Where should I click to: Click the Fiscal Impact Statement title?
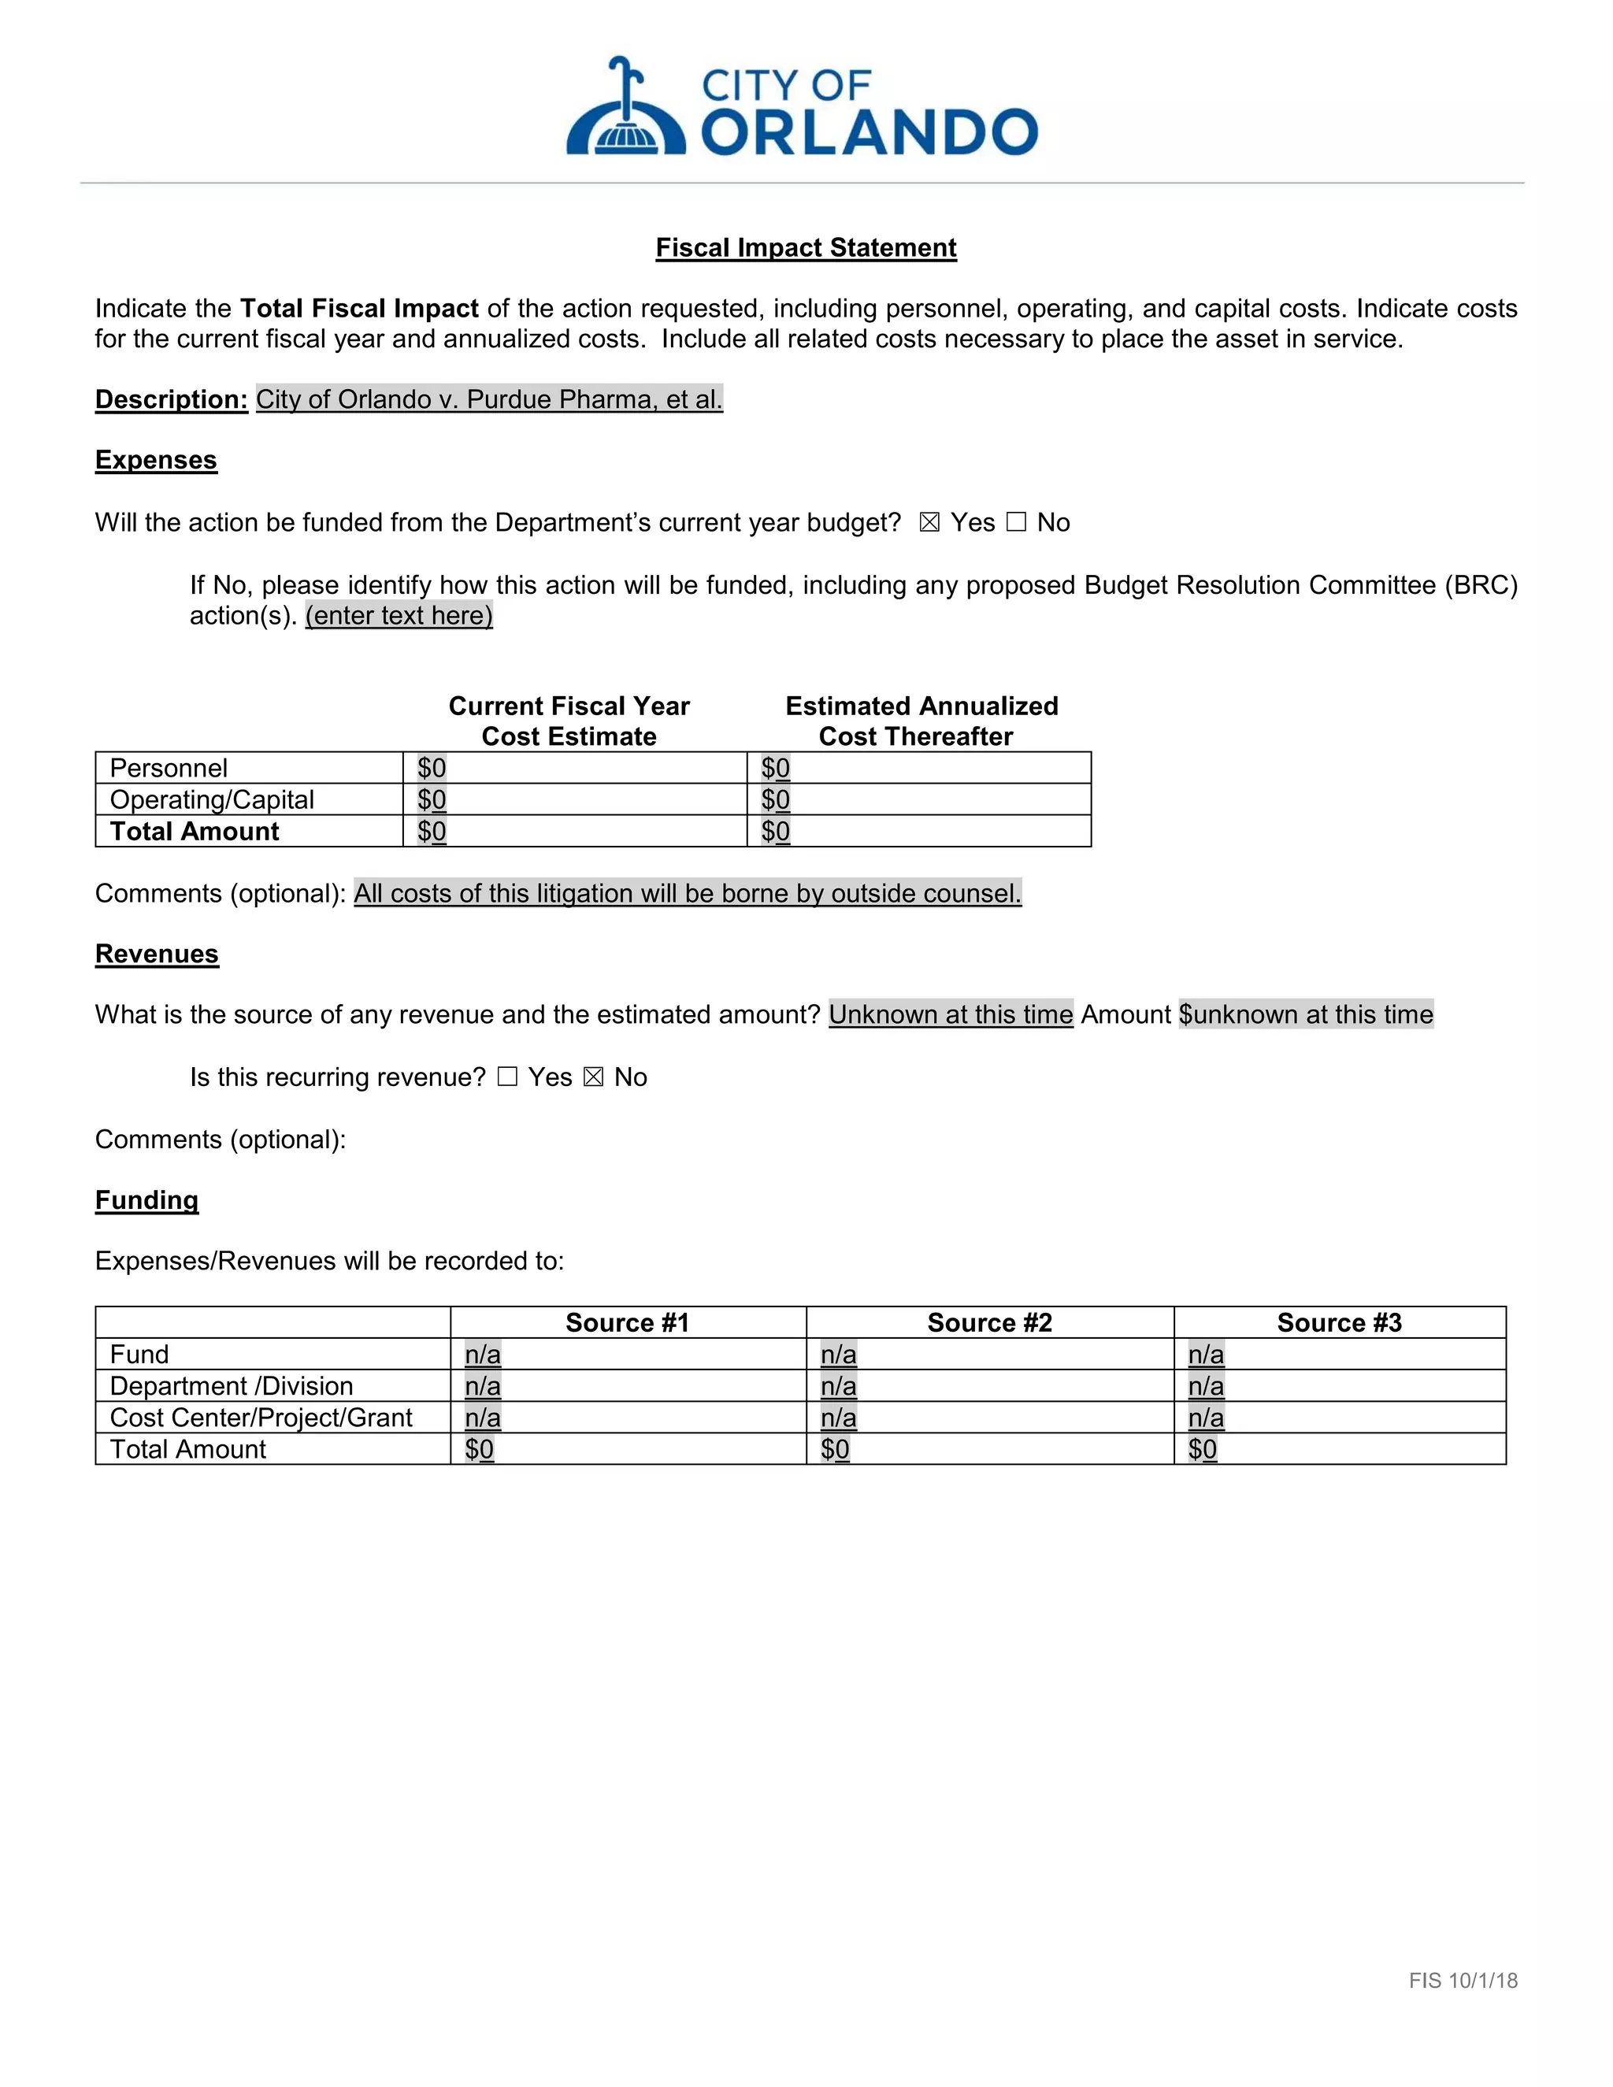click(x=806, y=247)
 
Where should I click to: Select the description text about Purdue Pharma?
click(x=488, y=399)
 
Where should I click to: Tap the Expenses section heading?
click(x=156, y=460)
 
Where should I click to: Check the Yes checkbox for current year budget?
click(x=929, y=523)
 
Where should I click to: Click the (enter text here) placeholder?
click(x=399, y=615)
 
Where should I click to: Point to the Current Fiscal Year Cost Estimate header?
click(x=569, y=721)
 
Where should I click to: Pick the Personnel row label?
click(x=169, y=769)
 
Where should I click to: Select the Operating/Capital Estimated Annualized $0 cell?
click(x=775, y=800)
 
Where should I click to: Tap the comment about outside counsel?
click(x=687, y=894)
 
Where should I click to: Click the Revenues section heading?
click(x=157, y=954)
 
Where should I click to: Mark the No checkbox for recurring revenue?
click(x=593, y=1077)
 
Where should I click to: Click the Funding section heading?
click(x=146, y=1200)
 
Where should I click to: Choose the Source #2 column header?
click(x=989, y=1322)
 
